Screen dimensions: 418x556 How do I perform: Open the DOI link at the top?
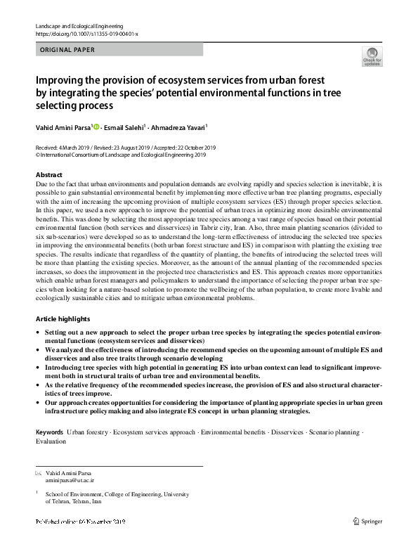87,33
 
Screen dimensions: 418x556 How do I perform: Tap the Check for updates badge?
372,57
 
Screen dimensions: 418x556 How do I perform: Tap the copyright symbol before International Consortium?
37,155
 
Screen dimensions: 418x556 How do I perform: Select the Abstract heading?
49,174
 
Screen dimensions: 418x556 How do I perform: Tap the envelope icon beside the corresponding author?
38,472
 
